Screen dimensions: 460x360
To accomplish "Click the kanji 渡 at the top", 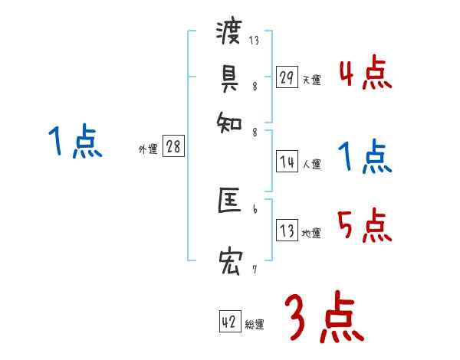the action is (x=229, y=34).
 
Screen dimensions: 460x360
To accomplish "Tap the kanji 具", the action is (x=229, y=77).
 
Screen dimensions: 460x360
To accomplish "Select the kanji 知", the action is (x=229, y=119).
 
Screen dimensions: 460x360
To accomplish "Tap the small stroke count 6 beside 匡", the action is (x=255, y=208).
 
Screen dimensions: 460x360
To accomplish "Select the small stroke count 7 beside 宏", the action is (x=255, y=270).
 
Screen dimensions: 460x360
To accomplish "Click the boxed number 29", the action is (x=287, y=77).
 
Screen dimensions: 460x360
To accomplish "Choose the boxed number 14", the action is (x=287, y=162).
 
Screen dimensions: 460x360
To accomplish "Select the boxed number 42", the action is (x=229, y=322).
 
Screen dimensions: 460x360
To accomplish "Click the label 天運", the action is (x=311, y=80).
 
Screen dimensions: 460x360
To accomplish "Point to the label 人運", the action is (x=311, y=164).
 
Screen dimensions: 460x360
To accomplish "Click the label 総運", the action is (x=254, y=325).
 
